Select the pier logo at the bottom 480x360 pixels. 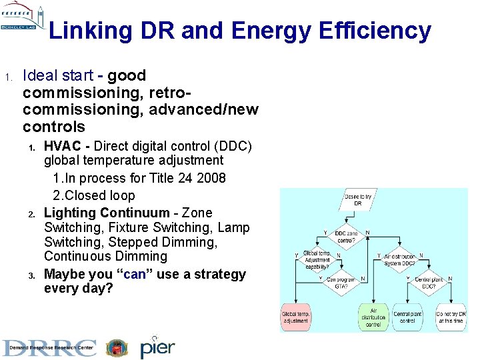157,347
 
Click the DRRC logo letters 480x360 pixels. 49,348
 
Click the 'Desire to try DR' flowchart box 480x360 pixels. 358,199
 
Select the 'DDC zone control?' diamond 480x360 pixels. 346,237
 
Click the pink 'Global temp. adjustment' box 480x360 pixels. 295,317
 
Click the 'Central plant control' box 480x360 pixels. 408,317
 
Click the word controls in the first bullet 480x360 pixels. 54,127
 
